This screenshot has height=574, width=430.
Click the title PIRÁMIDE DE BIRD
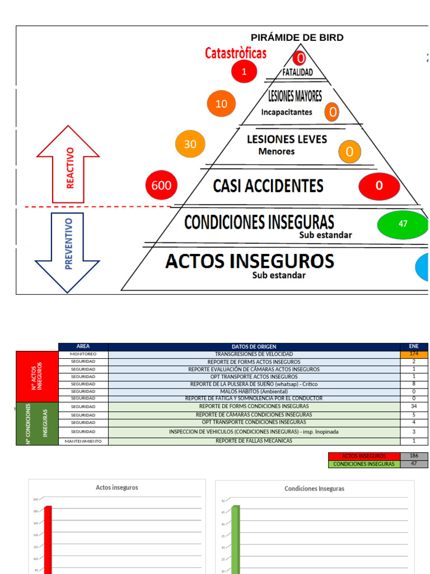click(297, 38)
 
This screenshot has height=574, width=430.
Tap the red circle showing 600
click(161, 186)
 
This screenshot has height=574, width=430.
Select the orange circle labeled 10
click(221, 104)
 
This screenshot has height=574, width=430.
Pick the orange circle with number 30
click(190, 144)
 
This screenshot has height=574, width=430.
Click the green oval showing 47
click(403, 224)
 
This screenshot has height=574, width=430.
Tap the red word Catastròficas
click(236, 54)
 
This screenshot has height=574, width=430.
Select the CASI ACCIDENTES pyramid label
click(268, 186)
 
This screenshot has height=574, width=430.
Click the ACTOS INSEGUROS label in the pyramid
click(250, 261)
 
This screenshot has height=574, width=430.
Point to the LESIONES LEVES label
click(287, 140)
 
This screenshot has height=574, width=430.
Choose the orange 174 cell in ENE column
click(414, 354)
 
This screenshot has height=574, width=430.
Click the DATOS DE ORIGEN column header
click(254, 346)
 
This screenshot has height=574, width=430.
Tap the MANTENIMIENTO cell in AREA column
click(83, 441)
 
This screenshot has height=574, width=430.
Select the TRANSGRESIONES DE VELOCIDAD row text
click(254, 354)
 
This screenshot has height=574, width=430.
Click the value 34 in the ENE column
click(414, 406)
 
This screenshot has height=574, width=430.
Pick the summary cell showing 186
click(414, 456)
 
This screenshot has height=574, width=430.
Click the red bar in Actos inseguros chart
click(48, 538)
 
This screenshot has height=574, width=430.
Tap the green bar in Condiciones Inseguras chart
click(236, 538)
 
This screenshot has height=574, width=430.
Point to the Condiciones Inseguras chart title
click(314, 489)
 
